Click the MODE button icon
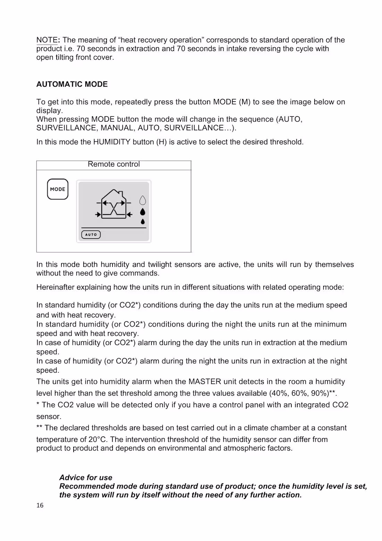click(x=58, y=189)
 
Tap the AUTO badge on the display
click(x=91, y=235)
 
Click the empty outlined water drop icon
click(x=142, y=200)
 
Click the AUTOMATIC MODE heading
click(x=72, y=84)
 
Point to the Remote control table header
click(x=114, y=164)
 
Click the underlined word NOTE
click(x=47, y=40)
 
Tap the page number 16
click(x=40, y=506)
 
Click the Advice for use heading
click(x=86, y=477)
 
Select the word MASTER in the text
click(x=205, y=382)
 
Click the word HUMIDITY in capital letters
click(x=112, y=142)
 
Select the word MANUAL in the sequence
click(x=117, y=128)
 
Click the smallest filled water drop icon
click(x=143, y=221)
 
